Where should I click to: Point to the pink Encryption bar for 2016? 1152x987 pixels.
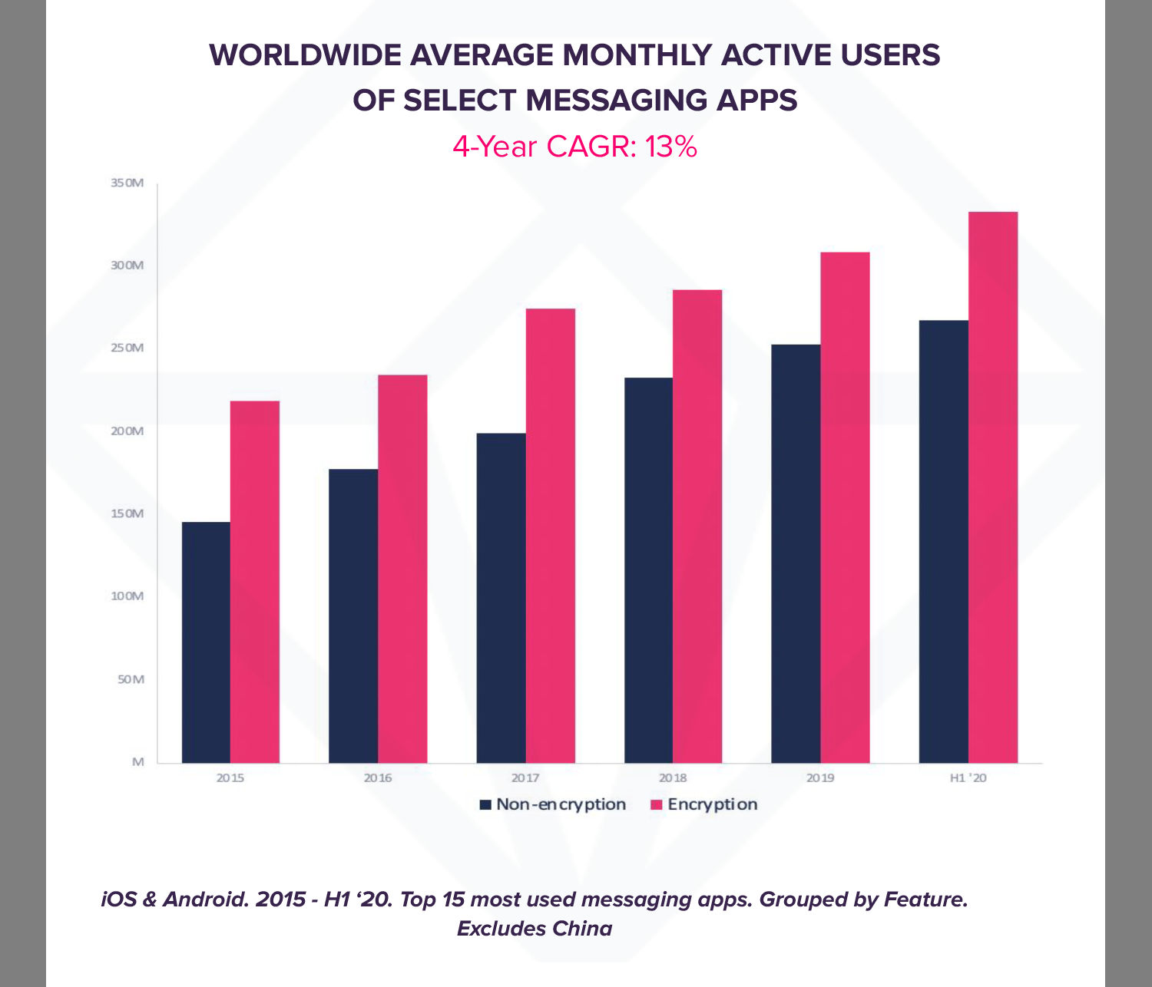pos(402,568)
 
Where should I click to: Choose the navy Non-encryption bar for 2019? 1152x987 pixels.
pos(796,553)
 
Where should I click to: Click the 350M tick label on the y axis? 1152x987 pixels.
pos(127,183)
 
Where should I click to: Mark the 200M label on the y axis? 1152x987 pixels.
pos(127,431)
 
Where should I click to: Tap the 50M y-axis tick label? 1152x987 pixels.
pos(130,679)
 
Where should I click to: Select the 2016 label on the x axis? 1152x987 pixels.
pos(378,778)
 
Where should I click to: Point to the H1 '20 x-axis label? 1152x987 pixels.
pos(968,778)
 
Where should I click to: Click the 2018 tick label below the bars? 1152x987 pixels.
pos(673,778)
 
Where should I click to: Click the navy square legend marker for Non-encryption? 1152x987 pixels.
pos(485,805)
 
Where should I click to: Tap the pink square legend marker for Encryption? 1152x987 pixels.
pos(656,805)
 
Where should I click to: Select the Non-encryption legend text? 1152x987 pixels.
pos(561,804)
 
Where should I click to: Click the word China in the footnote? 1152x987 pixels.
pos(583,929)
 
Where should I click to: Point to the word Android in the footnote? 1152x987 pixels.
pos(206,899)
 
